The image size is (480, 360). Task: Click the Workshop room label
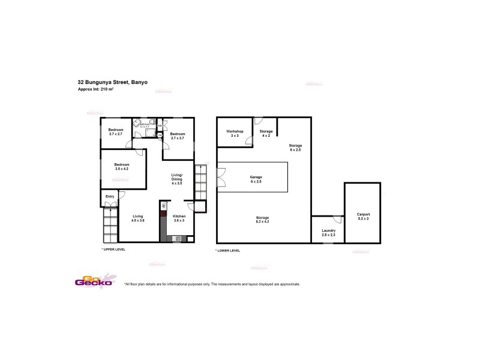(234, 131)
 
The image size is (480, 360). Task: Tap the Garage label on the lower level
(256, 177)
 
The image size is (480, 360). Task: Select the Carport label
(363, 214)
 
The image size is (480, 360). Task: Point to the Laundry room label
(328, 230)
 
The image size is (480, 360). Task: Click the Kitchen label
(179, 216)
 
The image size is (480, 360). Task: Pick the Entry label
(110, 196)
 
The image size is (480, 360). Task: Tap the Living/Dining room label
(177, 176)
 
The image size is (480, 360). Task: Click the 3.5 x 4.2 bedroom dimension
(122, 169)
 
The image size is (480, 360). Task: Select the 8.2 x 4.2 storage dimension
(262, 221)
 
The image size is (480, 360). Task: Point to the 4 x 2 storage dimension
(266, 136)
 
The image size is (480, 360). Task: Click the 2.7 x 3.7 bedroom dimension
(178, 139)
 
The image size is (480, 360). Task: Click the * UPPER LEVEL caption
(114, 248)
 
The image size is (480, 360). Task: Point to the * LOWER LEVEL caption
(228, 250)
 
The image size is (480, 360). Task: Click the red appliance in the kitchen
(163, 212)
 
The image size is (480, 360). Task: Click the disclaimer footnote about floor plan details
(212, 284)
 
